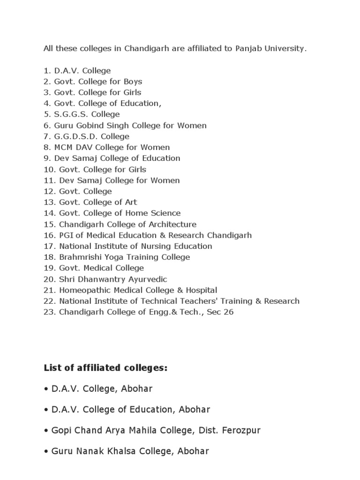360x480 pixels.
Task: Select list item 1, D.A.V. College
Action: coord(77,71)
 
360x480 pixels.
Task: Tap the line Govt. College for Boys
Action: coord(93,82)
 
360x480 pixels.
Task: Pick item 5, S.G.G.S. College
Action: coord(82,114)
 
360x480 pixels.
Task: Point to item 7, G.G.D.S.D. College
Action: coord(86,136)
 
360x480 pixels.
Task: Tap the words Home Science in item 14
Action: coord(157,213)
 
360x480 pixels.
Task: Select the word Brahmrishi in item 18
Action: coord(79,257)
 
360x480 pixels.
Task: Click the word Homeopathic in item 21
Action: coord(80,290)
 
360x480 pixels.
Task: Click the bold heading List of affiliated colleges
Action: coord(105,368)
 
